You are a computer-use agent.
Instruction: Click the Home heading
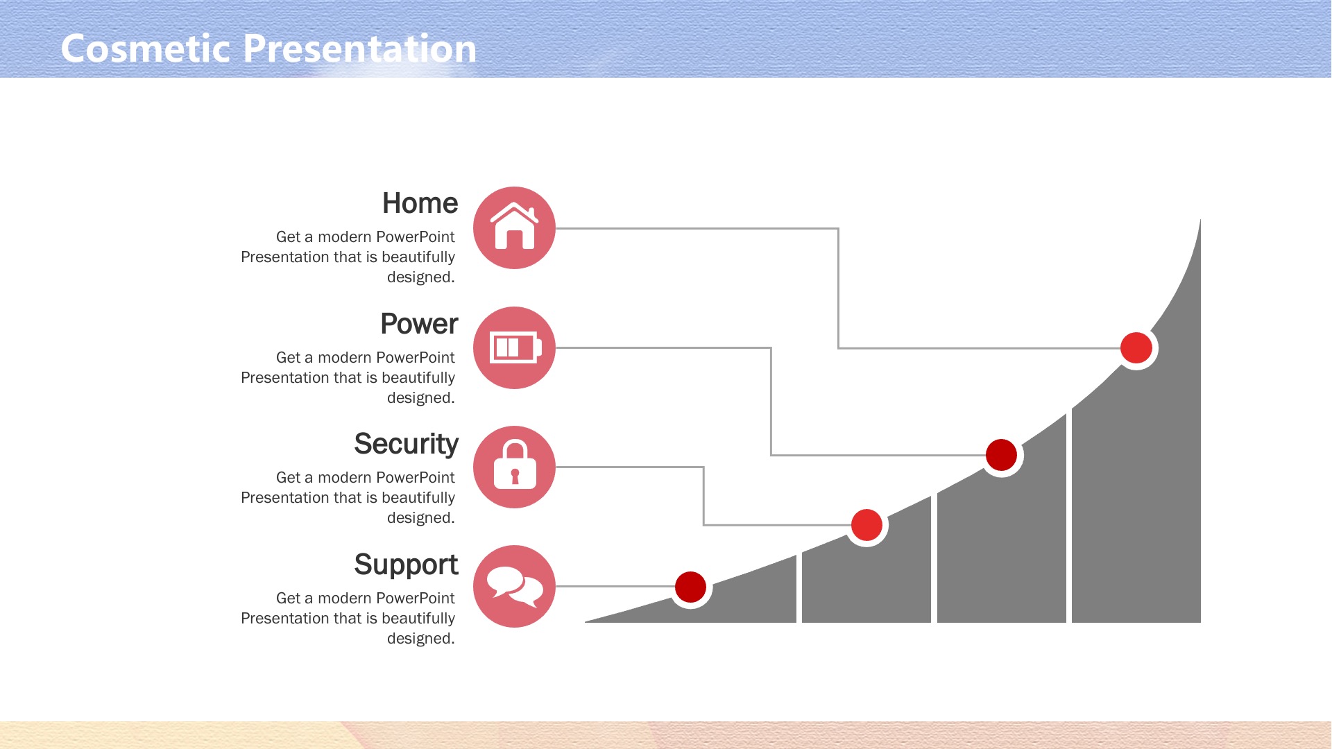pos(420,203)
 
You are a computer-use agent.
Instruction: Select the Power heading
pos(419,324)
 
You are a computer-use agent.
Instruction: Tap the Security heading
pos(406,445)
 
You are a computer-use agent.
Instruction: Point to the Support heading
pos(406,565)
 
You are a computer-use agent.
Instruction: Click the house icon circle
pos(514,227)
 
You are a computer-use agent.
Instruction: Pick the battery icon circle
pos(514,347)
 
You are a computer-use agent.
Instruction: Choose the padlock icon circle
pos(514,467)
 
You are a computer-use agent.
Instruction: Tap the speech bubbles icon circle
pos(514,586)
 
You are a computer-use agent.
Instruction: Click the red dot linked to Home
pos(1136,347)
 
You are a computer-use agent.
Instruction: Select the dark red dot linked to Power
pos(1001,455)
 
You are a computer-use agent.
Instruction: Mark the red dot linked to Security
pos(866,525)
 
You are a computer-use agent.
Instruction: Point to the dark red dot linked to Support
pos(690,587)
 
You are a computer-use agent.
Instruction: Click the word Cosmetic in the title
pos(146,49)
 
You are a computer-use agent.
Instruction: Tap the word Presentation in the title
pos(360,49)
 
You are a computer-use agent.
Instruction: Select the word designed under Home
pos(420,277)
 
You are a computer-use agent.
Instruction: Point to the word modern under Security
pos(344,477)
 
